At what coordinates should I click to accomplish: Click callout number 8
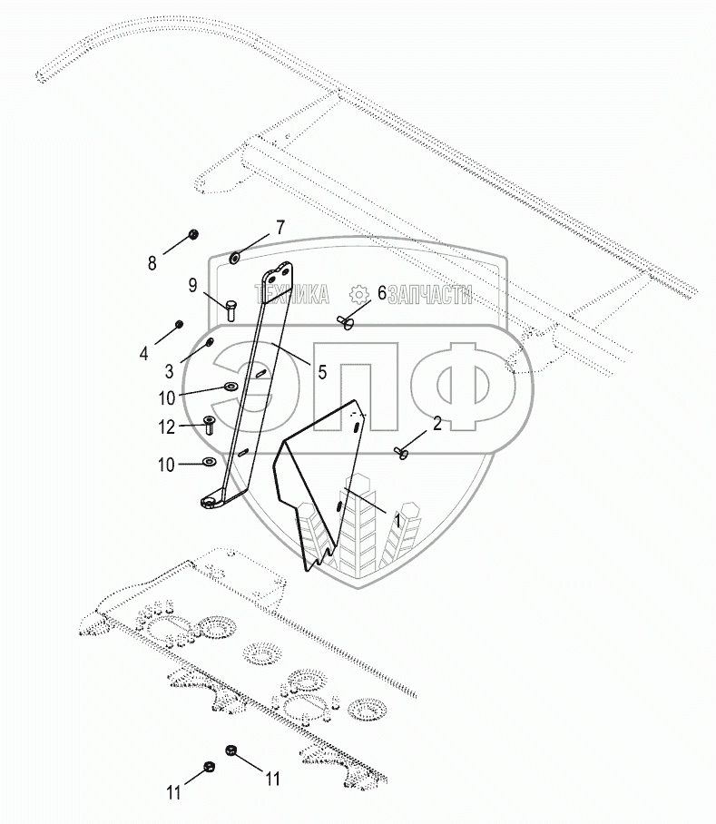pos(152,263)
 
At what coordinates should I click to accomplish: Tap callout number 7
pos(280,228)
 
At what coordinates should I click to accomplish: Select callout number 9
pos(193,285)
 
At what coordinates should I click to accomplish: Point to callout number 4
pos(143,354)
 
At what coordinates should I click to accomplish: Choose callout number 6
pos(381,293)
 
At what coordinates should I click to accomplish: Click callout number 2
pos(436,423)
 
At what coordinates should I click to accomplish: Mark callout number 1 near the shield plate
pos(397,520)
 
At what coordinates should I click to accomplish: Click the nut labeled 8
pos(193,234)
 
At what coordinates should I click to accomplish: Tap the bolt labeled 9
pos(230,310)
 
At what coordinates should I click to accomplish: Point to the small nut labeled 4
pos(179,324)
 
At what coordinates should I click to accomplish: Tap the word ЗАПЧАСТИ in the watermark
pos(430,293)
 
